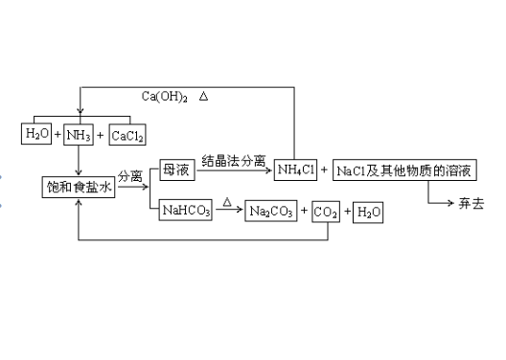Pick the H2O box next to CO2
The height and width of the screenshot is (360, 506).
click(369, 213)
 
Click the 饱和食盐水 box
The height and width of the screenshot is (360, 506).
click(80, 188)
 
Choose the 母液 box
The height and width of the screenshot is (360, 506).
click(179, 169)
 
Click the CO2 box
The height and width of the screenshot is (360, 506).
click(327, 213)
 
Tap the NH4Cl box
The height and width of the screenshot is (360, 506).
click(295, 169)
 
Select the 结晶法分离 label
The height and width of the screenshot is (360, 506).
click(234, 160)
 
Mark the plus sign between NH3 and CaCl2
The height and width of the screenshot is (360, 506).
click(101, 136)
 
